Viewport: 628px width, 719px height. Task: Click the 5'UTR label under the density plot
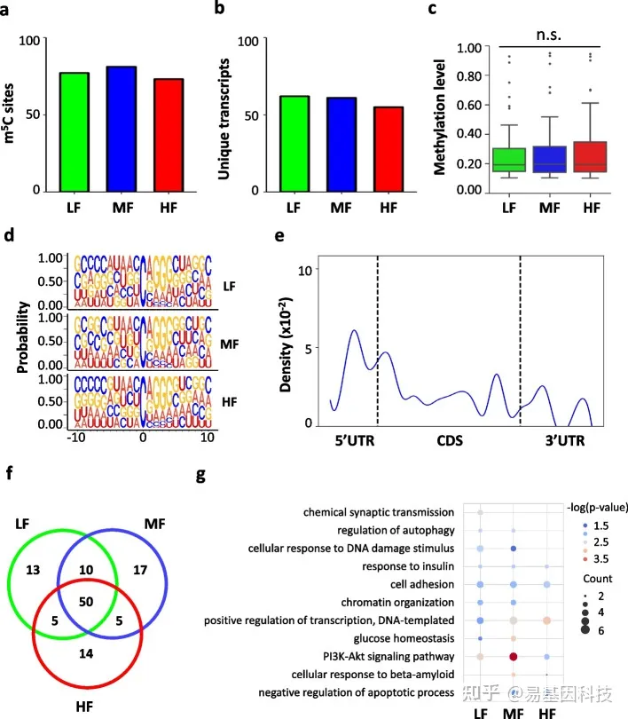351,440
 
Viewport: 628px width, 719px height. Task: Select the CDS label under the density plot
447,440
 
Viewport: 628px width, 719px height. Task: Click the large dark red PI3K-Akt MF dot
514,657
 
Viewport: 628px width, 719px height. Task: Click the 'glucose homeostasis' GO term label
402,638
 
